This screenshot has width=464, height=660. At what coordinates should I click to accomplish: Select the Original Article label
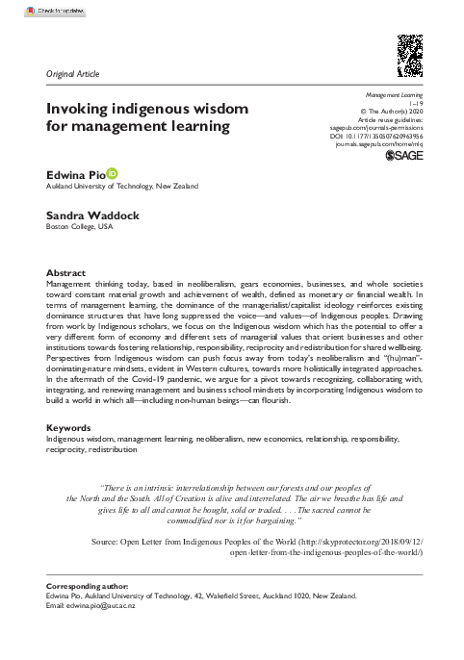(x=72, y=73)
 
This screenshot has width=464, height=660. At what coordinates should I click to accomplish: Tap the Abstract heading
(x=66, y=273)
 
